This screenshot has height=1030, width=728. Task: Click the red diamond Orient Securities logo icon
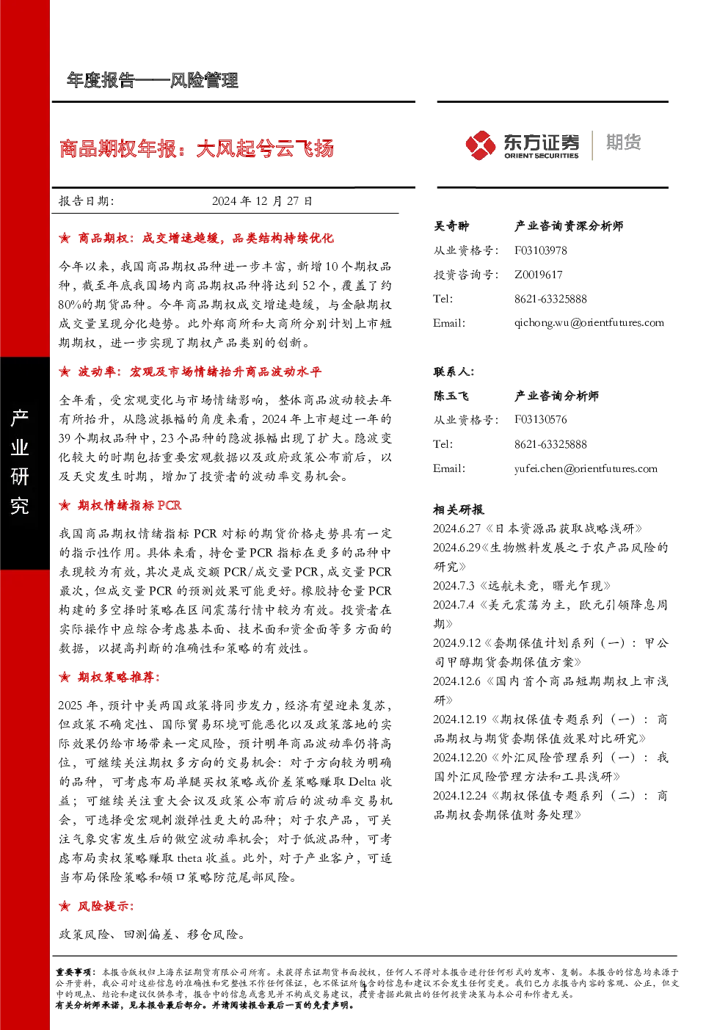(480, 145)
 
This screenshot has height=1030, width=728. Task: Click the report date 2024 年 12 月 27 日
(262, 201)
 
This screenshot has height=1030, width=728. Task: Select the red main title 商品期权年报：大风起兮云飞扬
(197, 148)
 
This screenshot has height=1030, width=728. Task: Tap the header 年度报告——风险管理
(153, 81)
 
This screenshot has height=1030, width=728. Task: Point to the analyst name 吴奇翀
(451, 226)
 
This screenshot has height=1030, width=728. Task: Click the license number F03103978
(540, 250)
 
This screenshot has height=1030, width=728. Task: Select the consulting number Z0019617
(538, 275)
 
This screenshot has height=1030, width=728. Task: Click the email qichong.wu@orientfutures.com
(589, 323)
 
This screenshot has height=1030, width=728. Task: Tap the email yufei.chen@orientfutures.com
(586, 468)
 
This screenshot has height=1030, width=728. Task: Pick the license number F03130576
(540, 419)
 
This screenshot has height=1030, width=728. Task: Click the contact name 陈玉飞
(451, 396)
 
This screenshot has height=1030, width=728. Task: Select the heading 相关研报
(458, 509)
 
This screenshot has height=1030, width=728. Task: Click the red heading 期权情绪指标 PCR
(130, 505)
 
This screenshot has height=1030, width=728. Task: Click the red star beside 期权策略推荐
(65, 677)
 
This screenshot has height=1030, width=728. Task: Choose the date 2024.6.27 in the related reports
(456, 529)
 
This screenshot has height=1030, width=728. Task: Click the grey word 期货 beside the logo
(623, 142)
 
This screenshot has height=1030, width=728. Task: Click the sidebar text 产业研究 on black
(20, 462)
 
